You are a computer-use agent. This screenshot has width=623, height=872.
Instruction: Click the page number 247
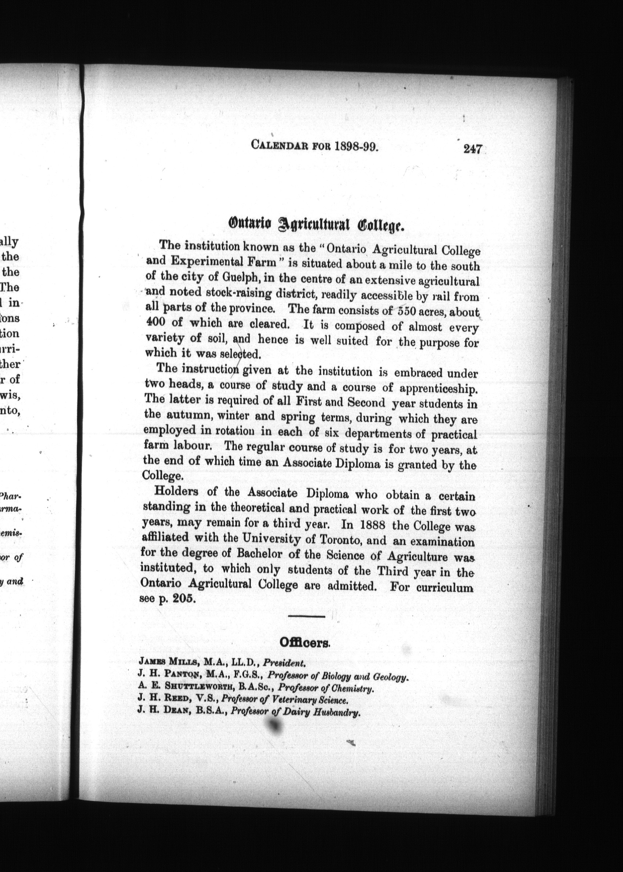pos(472,149)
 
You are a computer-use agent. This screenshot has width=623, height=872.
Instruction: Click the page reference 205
pos(184,599)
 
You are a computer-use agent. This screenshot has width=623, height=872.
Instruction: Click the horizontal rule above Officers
pos(306,616)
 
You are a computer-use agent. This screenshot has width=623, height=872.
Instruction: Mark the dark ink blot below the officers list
pos(273,726)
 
